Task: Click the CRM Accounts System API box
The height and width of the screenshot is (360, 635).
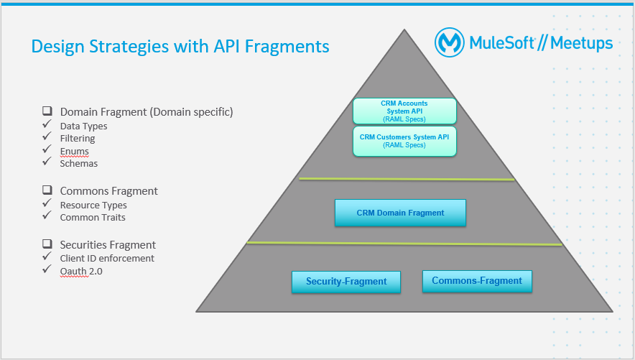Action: coord(404,111)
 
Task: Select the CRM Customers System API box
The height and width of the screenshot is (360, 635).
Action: coord(404,140)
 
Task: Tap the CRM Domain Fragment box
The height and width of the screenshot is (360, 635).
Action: coord(400,213)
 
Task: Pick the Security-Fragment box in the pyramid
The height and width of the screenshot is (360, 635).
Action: coord(346,282)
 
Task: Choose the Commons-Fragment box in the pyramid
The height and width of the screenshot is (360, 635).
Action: coord(477,281)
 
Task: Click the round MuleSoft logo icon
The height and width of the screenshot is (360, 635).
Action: coord(450,42)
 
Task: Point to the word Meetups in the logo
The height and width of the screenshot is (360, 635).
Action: coord(582,42)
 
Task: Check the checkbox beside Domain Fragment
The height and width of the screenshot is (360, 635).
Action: coord(47,111)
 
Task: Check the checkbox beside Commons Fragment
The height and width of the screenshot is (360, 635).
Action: coord(47,190)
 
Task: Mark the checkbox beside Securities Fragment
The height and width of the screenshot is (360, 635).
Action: coord(47,244)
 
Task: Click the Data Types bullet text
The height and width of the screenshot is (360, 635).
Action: coord(83,126)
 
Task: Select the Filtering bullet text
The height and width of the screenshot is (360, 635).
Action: coord(78,139)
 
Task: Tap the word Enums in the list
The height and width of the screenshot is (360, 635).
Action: coord(75,151)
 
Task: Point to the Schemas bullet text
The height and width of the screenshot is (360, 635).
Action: coord(78,163)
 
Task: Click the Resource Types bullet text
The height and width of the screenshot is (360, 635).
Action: coord(93,206)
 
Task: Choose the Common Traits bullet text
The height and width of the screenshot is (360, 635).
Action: coord(93,218)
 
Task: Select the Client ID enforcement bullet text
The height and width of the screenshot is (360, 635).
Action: coord(107,259)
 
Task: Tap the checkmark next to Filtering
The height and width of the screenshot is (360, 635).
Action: coord(47,137)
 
